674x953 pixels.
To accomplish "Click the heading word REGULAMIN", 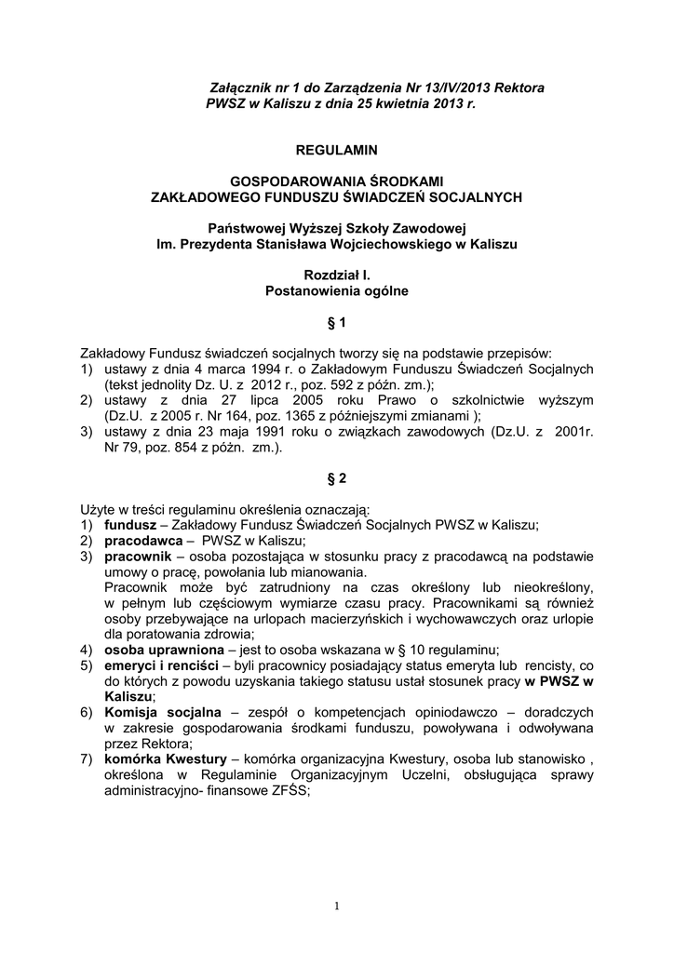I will pos(336,149).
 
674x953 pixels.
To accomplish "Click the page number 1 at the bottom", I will pos(337,906).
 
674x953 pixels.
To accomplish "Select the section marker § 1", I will pos(336,323).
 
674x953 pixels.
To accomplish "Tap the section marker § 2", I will pos(336,478).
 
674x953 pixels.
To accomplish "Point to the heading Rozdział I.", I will pos(336,275).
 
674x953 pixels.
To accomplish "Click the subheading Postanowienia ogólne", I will pos(336,291).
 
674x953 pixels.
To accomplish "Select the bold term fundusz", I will pos(129,525).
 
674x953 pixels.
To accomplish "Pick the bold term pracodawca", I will pos(143,541).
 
